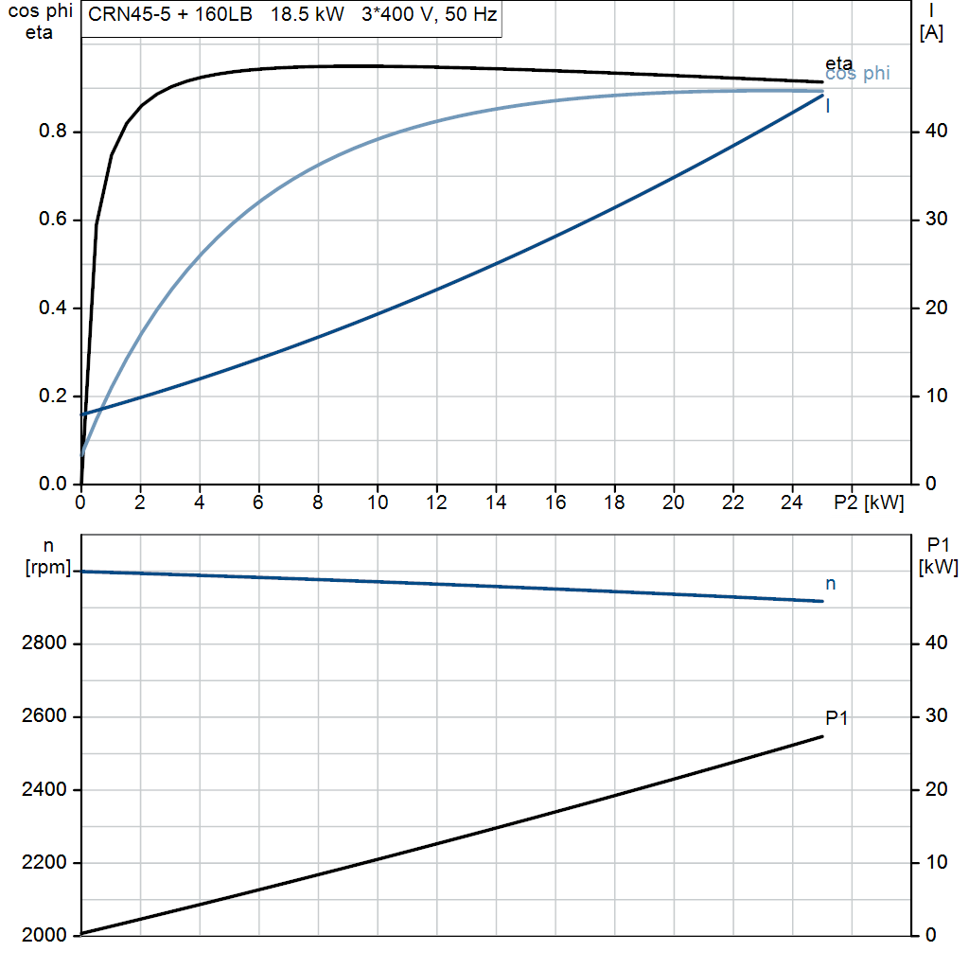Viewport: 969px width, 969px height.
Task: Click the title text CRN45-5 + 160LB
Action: [x=170, y=14]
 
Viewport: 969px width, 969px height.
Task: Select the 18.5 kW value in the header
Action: [x=308, y=14]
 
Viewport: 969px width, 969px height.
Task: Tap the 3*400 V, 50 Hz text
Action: [x=430, y=14]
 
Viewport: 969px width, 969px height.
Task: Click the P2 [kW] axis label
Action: [x=869, y=502]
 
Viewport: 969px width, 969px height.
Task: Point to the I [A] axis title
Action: [x=931, y=22]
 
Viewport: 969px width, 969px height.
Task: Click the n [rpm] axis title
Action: [x=48, y=556]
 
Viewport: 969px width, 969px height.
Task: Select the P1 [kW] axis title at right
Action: [x=938, y=555]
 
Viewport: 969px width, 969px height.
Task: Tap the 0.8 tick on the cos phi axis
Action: [x=53, y=131]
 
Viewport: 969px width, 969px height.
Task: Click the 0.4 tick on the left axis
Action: [x=53, y=308]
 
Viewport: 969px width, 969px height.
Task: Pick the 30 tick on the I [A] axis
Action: [x=936, y=219]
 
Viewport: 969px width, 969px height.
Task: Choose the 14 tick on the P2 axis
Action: [x=496, y=502]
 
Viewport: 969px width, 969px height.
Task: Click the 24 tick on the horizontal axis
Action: [x=792, y=502]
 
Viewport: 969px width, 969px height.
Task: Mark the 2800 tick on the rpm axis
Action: [x=44, y=643]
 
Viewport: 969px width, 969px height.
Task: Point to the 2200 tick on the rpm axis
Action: [x=44, y=862]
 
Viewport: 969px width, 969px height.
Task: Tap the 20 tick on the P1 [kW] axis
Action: [x=936, y=789]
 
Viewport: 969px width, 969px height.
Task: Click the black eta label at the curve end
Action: [x=838, y=63]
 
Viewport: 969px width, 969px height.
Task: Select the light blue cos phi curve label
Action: [x=857, y=74]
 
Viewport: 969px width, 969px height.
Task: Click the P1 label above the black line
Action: [x=837, y=718]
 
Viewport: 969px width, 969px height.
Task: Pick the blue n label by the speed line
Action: [x=831, y=584]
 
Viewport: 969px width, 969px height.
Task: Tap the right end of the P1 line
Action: [x=822, y=736]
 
